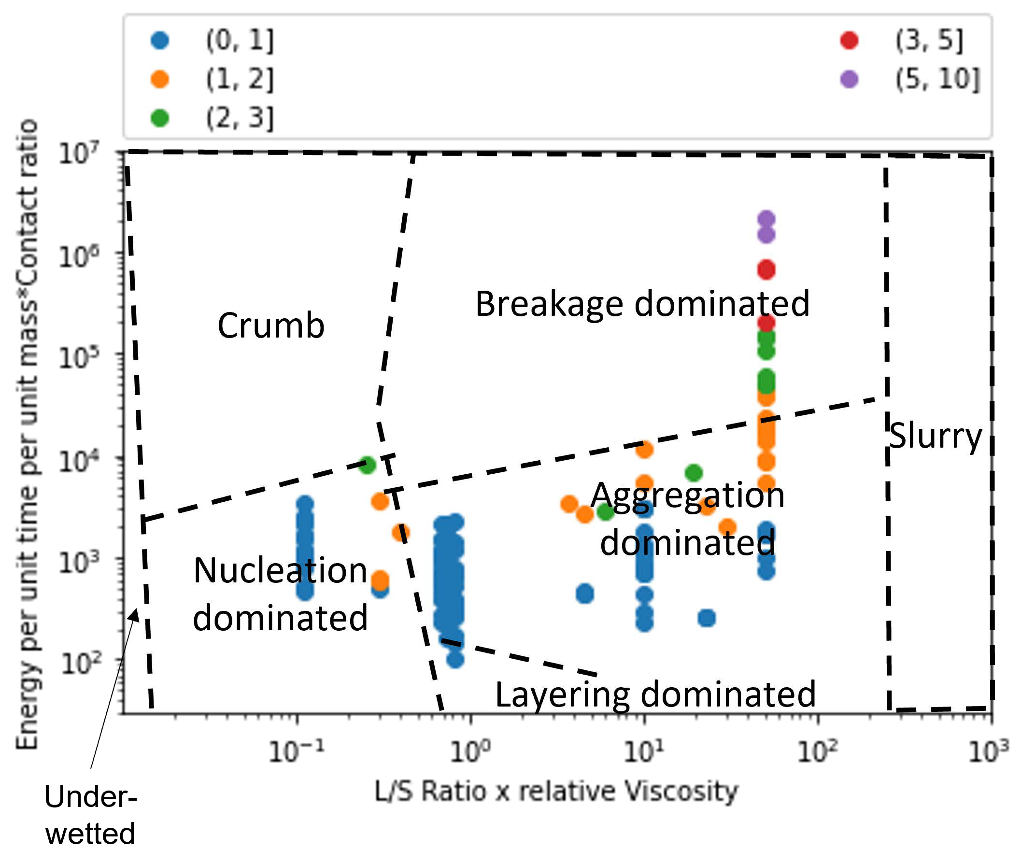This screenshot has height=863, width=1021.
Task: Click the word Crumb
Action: pyautogui.click(x=270, y=325)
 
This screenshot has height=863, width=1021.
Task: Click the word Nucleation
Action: pyautogui.click(x=280, y=570)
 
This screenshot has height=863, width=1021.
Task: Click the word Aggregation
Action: pyautogui.click(x=687, y=495)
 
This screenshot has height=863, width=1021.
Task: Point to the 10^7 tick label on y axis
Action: pyautogui.click(x=78, y=153)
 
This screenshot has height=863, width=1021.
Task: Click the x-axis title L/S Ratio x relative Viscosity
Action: pyautogui.click(x=556, y=791)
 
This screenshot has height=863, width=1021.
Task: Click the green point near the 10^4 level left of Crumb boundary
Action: pyautogui.click(x=367, y=464)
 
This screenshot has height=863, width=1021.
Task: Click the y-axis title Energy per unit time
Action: pyautogui.click(x=28, y=435)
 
